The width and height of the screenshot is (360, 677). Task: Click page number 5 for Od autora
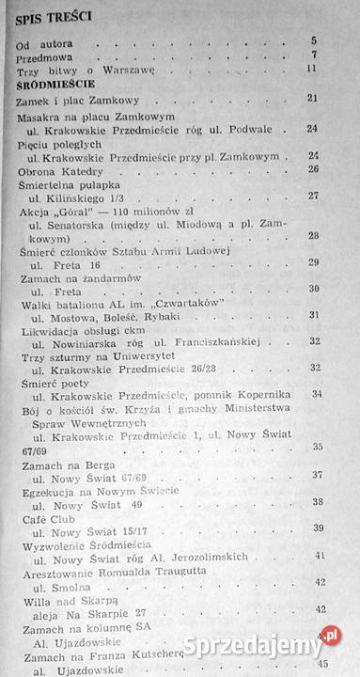tap(313, 41)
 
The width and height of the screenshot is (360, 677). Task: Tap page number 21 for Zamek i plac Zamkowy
tap(312, 98)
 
